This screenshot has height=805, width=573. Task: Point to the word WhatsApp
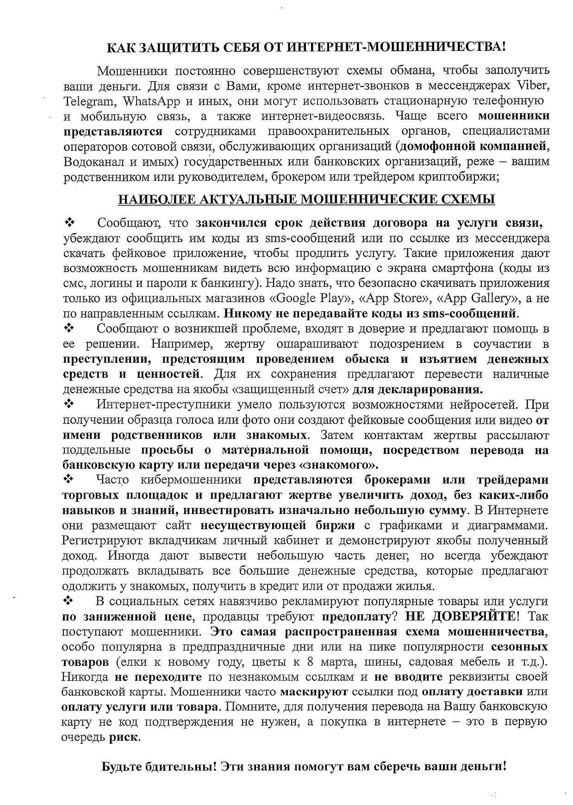(139, 101)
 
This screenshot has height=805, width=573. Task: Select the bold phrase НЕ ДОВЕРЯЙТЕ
(461, 617)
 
